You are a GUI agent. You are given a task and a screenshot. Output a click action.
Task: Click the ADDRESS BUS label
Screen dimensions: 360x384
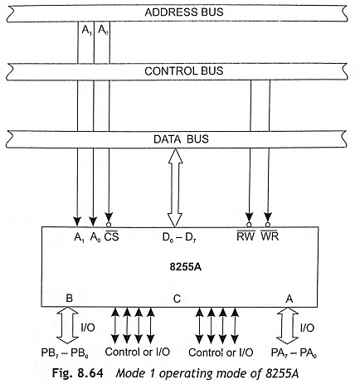(x=184, y=12)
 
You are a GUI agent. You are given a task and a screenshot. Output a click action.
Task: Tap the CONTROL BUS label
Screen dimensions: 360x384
(x=183, y=71)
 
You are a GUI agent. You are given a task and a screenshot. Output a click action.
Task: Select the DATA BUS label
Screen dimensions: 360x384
(x=181, y=139)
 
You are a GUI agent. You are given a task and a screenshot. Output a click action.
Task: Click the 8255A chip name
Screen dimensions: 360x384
(x=186, y=267)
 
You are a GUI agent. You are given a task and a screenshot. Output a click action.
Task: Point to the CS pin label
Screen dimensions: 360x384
(x=111, y=236)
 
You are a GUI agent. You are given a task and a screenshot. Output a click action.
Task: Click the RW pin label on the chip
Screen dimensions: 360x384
(x=246, y=236)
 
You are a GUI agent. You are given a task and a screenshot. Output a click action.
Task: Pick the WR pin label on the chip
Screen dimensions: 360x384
(x=270, y=236)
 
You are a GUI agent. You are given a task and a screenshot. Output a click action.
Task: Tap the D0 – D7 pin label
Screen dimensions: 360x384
(x=179, y=237)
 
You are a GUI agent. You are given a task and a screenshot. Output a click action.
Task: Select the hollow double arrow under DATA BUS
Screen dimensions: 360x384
(x=175, y=187)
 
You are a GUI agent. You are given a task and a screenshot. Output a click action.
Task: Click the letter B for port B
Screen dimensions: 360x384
(x=70, y=299)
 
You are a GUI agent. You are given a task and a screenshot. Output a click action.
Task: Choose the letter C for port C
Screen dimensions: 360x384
(x=177, y=299)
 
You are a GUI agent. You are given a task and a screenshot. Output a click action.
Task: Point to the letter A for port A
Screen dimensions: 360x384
(x=289, y=299)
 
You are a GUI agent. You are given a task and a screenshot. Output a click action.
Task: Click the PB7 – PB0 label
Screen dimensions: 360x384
(x=65, y=353)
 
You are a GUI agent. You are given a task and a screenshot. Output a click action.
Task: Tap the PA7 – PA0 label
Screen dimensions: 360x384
(x=294, y=353)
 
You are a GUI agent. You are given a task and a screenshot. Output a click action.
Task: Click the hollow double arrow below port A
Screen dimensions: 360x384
(x=288, y=326)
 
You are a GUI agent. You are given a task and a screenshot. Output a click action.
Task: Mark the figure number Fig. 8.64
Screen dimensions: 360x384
(x=78, y=373)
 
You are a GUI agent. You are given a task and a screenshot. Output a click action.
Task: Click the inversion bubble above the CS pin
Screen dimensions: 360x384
(x=109, y=225)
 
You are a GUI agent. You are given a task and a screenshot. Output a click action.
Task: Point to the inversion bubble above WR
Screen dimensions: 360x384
(x=267, y=224)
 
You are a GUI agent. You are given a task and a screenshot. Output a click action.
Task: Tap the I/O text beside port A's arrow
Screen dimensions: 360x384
(x=307, y=328)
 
